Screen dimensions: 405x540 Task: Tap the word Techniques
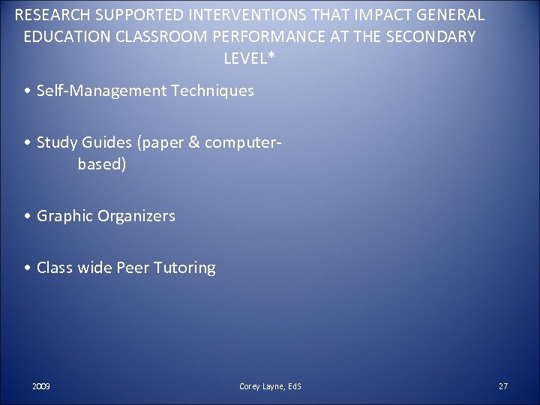[213, 91]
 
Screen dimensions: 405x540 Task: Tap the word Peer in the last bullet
[133, 268]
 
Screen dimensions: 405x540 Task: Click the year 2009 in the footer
[41, 386]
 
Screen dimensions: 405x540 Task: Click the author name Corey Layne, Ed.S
[269, 386]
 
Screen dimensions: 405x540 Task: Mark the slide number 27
[502, 386]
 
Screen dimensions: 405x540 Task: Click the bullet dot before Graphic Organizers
[27, 217]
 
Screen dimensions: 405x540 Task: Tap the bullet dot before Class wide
[27, 268]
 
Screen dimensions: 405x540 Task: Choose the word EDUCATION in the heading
[62, 37]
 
